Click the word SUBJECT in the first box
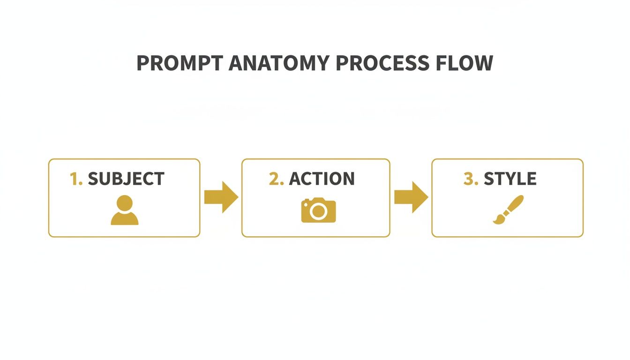126,179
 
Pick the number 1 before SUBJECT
74,179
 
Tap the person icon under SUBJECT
125,210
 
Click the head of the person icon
125,203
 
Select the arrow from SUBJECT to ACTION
221,197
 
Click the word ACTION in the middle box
322,179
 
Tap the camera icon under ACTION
319,210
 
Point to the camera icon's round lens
319,212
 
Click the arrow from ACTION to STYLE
411,197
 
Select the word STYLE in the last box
510,179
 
